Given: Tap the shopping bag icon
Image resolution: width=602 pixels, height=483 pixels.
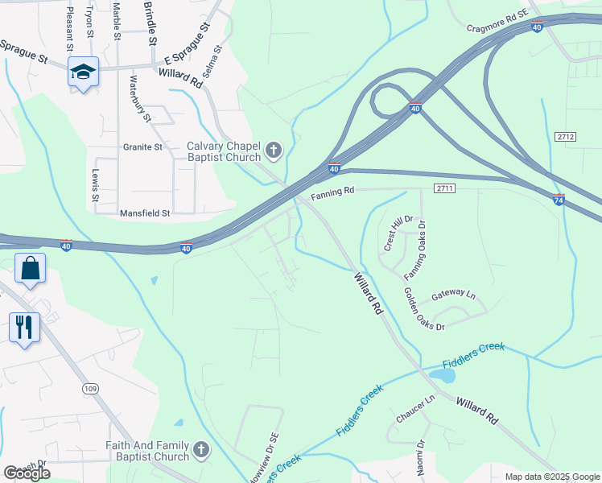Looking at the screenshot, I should [x=30, y=268].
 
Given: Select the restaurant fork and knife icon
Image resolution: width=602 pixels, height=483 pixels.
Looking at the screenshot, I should [x=24, y=327].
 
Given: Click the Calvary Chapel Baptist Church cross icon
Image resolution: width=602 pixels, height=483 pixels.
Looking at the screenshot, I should [x=274, y=151].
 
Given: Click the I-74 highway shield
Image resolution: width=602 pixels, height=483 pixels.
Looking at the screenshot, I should [x=559, y=199].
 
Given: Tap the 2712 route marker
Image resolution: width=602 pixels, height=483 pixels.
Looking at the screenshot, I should [x=566, y=138].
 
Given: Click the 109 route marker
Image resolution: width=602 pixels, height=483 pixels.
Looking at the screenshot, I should [x=90, y=389].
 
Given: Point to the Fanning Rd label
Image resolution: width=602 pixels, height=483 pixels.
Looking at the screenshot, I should [x=333, y=194].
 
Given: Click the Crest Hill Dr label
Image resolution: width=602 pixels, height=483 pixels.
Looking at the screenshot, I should [x=398, y=233].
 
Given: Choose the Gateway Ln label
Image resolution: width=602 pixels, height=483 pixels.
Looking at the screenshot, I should [x=453, y=295].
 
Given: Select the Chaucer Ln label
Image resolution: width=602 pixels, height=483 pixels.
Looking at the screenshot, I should [x=415, y=408].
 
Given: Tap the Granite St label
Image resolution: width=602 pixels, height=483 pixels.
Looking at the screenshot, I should [x=142, y=147].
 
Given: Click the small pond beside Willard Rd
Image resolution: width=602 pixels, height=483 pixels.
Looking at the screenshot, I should [x=440, y=374].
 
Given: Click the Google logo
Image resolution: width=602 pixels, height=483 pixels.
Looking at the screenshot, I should [x=27, y=473].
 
